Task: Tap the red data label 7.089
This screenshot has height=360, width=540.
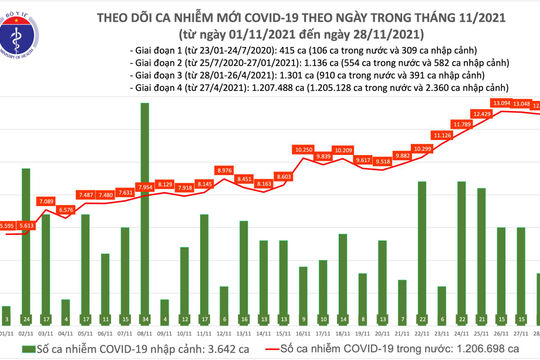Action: pyautogui.click(x=46, y=201)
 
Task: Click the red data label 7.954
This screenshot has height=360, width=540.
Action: pyautogui.click(x=146, y=185)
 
